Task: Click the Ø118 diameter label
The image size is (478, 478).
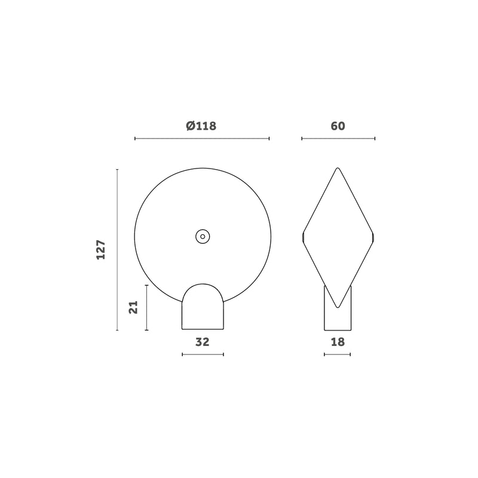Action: click(201, 125)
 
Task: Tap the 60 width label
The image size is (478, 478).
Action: click(338, 126)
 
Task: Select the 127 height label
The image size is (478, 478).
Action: click(101, 250)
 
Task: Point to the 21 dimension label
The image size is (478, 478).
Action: click(133, 307)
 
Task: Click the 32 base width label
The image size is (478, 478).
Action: click(203, 342)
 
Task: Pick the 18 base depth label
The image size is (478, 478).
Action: click(338, 342)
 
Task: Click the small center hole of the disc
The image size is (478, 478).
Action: click(203, 237)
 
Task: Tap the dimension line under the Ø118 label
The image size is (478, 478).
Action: click(202, 139)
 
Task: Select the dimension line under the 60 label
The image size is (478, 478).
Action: click(338, 139)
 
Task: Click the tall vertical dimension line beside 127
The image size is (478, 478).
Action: click(117, 250)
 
